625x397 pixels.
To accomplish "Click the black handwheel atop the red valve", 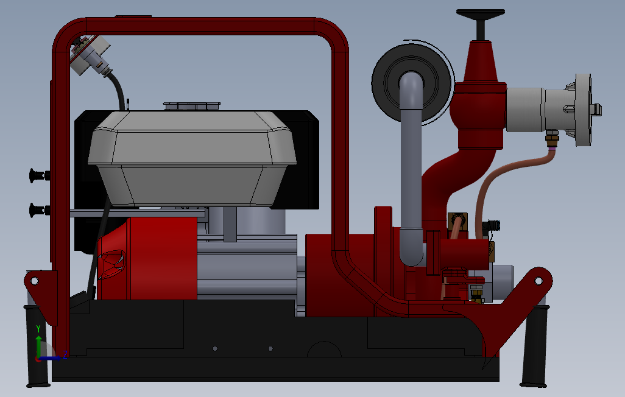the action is (481, 15).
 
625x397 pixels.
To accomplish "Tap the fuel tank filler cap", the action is (192, 106).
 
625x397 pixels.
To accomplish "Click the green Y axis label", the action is (38, 328).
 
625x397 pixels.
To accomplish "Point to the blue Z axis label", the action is (65, 354).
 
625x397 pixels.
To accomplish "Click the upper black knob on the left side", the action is (39, 175).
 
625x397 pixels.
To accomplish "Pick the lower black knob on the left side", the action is (39, 210).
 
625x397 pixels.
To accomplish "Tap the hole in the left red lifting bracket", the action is (34, 281).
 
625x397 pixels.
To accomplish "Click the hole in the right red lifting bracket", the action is (538, 281).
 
